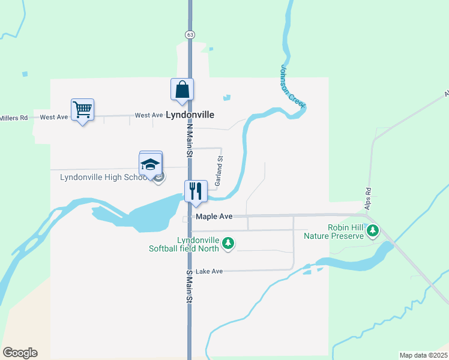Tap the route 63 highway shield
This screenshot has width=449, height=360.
pyautogui.click(x=190, y=35)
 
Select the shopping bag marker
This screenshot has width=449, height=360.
pyautogui.click(x=182, y=91)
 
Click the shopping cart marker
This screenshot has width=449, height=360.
pyautogui.click(x=82, y=110)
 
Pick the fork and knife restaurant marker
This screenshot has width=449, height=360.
pyautogui.click(x=195, y=191)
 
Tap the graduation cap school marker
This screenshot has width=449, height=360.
pyautogui.click(x=150, y=164)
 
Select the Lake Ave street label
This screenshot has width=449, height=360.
pyautogui.click(x=209, y=271)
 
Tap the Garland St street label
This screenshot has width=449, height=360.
pyautogui.click(x=219, y=172)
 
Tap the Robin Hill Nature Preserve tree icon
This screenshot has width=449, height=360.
pyautogui.click(x=373, y=230)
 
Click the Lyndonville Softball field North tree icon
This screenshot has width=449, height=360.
pyautogui.click(x=228, y=243)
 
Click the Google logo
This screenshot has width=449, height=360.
pyautogui.click(x=20, y=353)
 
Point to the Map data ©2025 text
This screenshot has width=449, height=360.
pyautogui.click(x=423, y=355)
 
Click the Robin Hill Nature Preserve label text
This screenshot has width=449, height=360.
pyautogui.click(x=346, y=232)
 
